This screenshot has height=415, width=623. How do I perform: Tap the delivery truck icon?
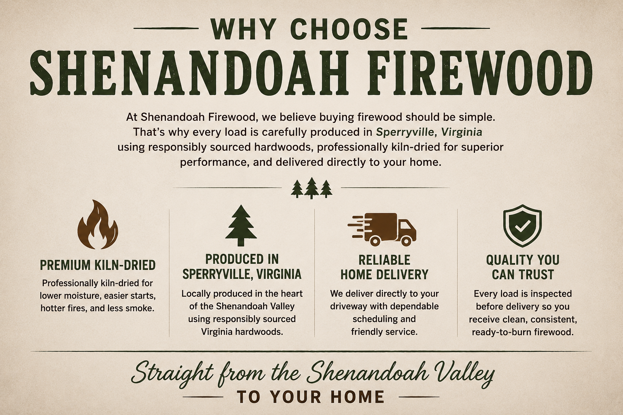coord(382,230)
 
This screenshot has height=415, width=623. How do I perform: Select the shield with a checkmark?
coord(522,226)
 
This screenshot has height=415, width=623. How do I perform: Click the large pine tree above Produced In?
coord(241,225)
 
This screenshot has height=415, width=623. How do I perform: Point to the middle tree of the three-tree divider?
coord(311,188)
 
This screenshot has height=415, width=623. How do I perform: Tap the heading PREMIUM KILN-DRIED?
coord(98,265)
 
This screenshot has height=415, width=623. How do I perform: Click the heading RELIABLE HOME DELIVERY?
coord(385,267)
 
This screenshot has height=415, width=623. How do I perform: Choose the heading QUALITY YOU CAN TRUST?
coord(522,267)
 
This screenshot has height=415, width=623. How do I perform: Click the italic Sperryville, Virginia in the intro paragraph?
coord(429,132)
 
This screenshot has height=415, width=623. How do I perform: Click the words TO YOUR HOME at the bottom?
coord(311,397)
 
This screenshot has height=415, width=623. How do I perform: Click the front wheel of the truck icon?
coord(406,241)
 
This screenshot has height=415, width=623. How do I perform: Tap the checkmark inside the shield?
coord(522,227)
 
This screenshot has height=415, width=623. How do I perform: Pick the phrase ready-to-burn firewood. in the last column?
coord(522,332)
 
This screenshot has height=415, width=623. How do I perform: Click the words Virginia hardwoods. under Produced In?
coord(242,332)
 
